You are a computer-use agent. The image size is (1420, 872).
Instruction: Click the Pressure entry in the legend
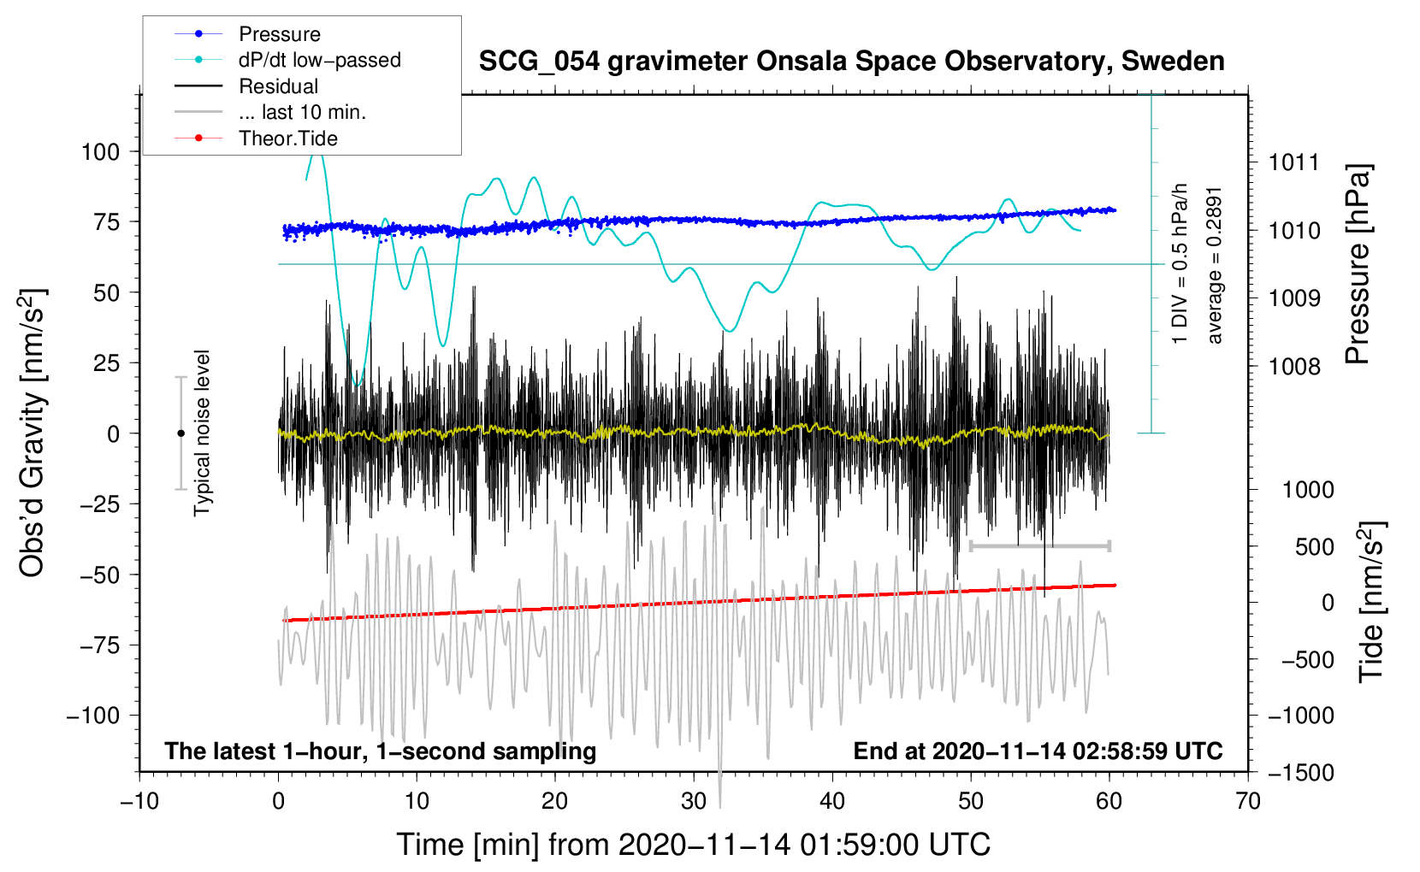[279, 34]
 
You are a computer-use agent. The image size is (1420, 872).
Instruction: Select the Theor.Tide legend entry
[287, 138]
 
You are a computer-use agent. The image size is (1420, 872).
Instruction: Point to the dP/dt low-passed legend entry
[319, 60]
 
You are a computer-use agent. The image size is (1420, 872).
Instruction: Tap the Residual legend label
[278, 86]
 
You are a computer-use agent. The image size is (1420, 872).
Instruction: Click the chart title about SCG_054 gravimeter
[851, 62]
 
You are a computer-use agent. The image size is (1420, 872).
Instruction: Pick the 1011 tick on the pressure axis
[1294, 162]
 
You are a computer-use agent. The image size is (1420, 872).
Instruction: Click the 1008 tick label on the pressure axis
[1294, 367]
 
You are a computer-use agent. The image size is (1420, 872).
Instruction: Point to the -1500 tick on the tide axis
[1300, 773]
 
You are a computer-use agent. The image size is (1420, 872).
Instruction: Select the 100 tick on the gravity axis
[100, 152]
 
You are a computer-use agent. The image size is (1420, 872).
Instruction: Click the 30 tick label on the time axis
[694, 801]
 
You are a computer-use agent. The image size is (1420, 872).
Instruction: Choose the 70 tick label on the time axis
[1248, 801]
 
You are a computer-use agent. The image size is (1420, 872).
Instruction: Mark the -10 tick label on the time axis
[139, 801]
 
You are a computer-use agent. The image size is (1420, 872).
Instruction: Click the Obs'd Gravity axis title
[33, 433]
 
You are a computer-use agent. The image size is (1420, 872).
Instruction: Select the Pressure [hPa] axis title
[1358, 265]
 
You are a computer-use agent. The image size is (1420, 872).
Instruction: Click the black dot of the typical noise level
[180, 433]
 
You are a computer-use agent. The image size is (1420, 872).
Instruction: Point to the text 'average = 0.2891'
[1216, 265]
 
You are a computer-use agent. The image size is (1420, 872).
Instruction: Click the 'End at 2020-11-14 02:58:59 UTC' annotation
[1038, 751]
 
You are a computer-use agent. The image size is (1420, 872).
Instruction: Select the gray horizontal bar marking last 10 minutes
[1039, 545]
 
